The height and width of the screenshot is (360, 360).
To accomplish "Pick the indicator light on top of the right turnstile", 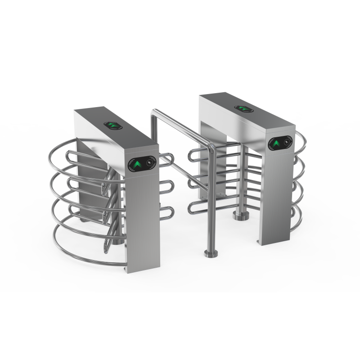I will [x=243, y=108].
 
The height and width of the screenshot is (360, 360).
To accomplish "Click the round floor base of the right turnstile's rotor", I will [x=241, y=216].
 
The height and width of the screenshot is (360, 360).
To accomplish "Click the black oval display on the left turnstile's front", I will [x=142, y=164].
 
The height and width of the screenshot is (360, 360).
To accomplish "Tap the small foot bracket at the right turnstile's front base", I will [x=260, y=243].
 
